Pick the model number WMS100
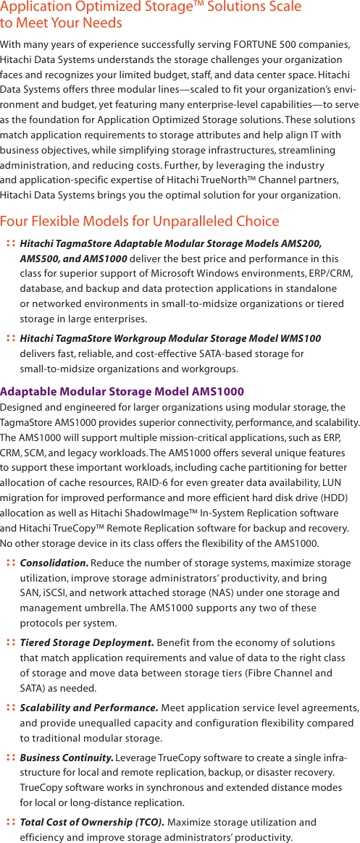tap(301, 338)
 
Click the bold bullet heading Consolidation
tap(54, 563)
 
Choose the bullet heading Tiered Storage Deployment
tap(86, 642)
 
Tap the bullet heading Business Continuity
tap(66, 758)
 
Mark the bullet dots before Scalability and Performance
tap(10, 707)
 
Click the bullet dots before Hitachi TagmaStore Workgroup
tap(10, 338)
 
